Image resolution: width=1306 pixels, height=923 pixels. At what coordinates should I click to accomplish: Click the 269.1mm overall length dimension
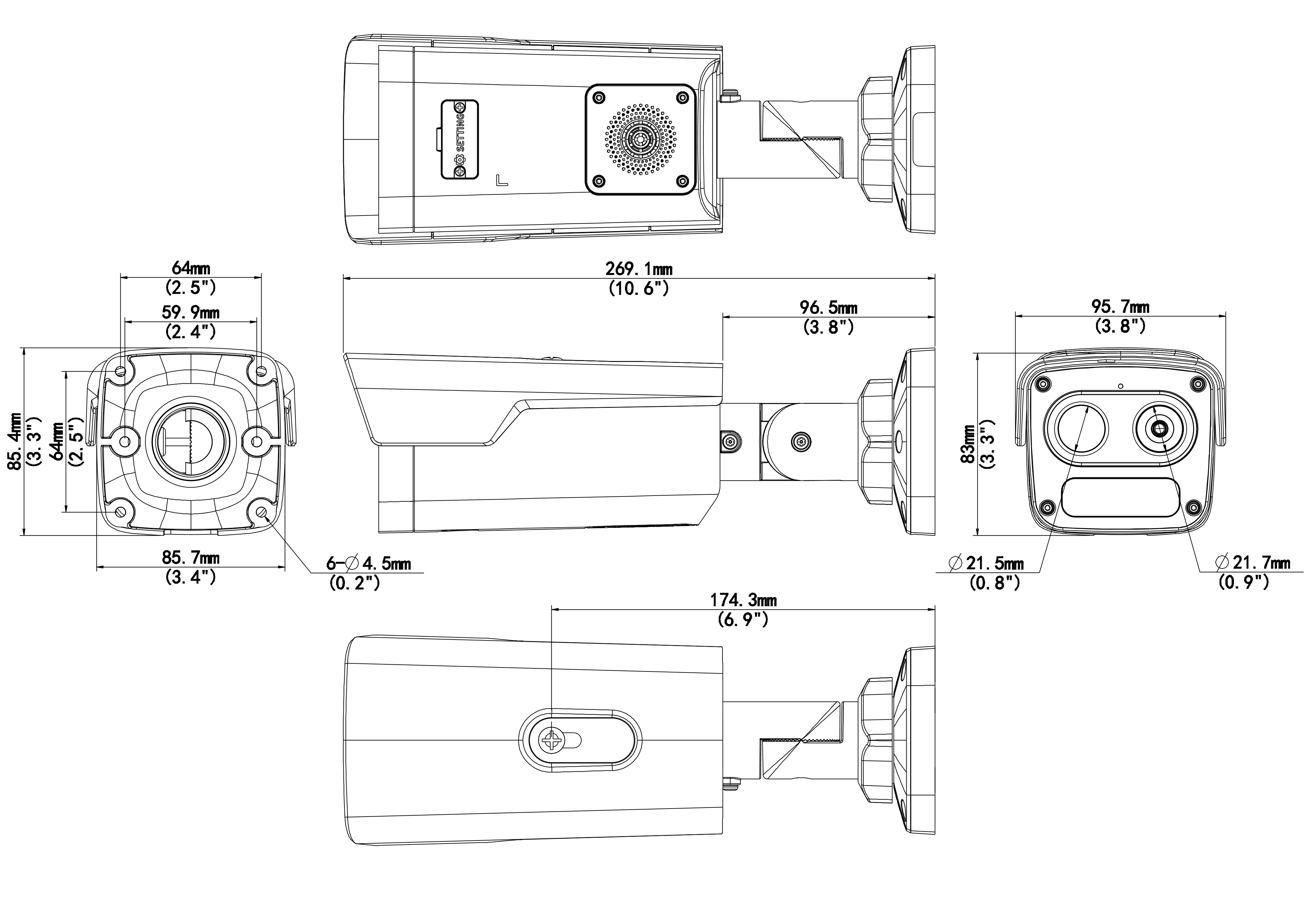(639, 268)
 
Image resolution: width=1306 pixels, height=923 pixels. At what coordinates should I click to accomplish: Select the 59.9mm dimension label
(191, 312)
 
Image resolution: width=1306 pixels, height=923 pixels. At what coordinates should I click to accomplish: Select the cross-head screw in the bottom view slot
(552, 740)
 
